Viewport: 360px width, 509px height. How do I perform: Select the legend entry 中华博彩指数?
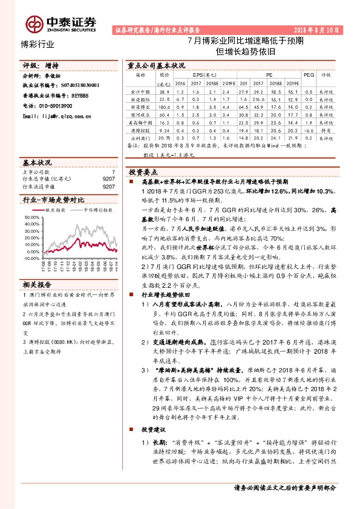[93, 210]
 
